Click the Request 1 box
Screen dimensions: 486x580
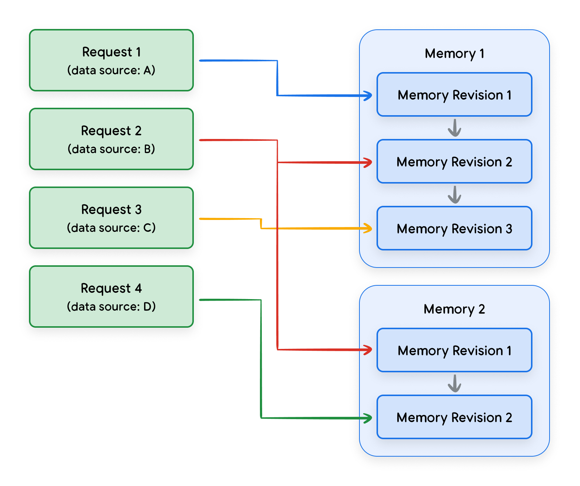[x=111, y=60]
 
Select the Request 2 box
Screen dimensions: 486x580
[x=111, y=139]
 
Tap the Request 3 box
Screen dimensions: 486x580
[x=111, y=218]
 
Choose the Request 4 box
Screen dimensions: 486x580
[x=111, y=297]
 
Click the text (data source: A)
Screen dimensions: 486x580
[x=111, y=70]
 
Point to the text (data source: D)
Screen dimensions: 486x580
[x=111, y=307]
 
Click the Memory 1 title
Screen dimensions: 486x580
[x=454, y=54]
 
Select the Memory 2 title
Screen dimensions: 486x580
[x=454, y=309]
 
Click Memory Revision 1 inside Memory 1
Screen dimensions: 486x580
[x=454, y=95]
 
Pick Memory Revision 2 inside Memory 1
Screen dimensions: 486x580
[x=454, y=162]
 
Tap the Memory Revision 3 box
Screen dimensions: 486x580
[x=454, y=229]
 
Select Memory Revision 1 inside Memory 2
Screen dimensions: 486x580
[x=454, y=350]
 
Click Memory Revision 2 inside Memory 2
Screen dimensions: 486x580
[x=454, y=417]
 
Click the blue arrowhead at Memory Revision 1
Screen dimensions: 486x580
[x=368, y=95]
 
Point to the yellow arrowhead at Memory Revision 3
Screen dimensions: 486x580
[x=368, y=228]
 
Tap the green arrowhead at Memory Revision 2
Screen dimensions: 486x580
[x=368, y=418]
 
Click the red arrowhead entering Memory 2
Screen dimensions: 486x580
[x=368, y=350]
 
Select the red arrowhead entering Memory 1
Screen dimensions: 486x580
[x=368, y=162]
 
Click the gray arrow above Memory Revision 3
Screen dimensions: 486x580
[x=454, y=195]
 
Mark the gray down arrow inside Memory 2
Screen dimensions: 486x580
[x=454, y=383]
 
